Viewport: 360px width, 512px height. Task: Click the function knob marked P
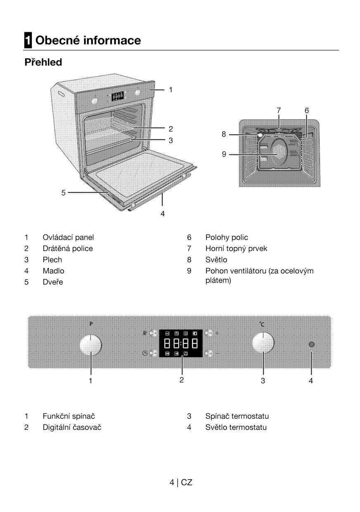pos(90,344)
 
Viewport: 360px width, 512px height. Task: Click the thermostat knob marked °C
pos(263,343)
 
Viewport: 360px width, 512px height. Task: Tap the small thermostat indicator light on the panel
pos(311,344)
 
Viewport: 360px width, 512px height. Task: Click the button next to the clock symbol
pos(154,353)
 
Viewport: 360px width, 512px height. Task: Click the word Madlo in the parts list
pos(53,271)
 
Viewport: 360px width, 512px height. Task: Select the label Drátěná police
pos(68,249)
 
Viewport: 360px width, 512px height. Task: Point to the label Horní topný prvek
pos(236,249)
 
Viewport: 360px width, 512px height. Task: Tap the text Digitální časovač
pos(72,427)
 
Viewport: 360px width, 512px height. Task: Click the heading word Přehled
pos(43,62)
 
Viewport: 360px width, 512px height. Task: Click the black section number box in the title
pos(28,40)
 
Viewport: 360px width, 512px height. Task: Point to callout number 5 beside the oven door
pos(64,192)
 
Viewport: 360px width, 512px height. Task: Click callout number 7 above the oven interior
pos(279,110)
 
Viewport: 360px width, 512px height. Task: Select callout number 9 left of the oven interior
pos(224,154)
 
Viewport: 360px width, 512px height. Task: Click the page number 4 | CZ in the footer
pos(181,482)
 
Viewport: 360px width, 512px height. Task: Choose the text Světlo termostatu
pos(236,427)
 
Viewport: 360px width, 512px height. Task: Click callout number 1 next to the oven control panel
pos(171,89)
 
